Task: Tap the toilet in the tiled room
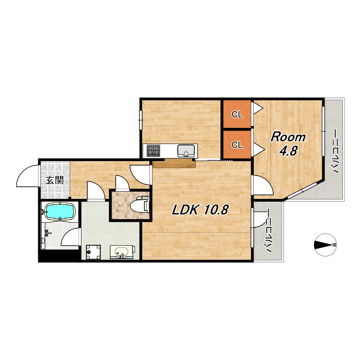(140, 204)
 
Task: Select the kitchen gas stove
(153, 151)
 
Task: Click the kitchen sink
(186, 151)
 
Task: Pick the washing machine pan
(93, 252)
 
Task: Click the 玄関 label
(54, 180)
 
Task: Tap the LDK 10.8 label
(200, 210)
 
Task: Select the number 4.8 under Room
(288, 151)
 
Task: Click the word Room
(288, 137)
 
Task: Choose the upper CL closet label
(237, 114)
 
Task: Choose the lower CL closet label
(237, 144)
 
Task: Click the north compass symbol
(325, 245)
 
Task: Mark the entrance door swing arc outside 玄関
(22, 172)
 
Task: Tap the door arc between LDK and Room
(268, 181)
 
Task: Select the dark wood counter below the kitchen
(174, 164)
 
